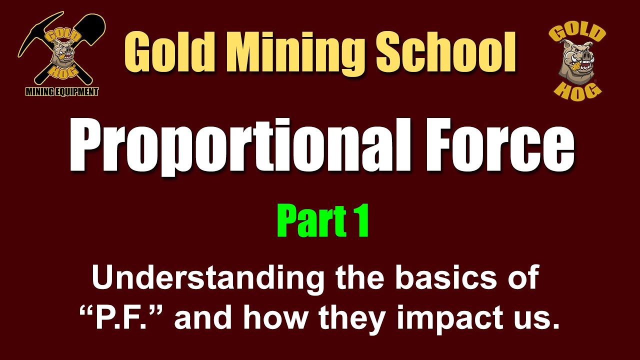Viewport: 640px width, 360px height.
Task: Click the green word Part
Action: (303, 222)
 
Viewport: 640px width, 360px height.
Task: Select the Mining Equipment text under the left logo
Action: (62, 91)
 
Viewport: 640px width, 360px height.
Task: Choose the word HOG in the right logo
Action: (578, 88)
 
